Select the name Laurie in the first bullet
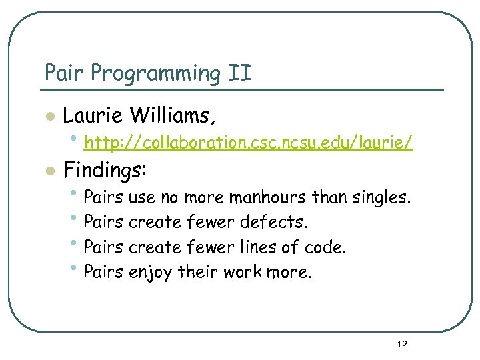click(92, 116)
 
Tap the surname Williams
click(172, 116)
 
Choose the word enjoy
click(151, 273)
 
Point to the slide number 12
click(402, 344)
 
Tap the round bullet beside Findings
click(49, 171)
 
